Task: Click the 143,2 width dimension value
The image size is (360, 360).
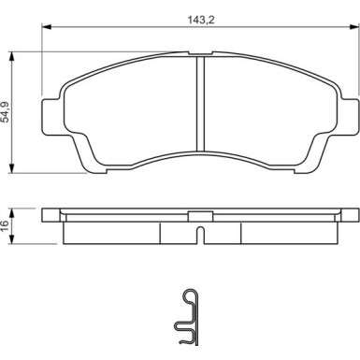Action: tap(201, 20)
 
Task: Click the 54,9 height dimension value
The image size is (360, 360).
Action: tap(7, 112)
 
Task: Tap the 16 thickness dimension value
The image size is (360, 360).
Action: tap(5, 223)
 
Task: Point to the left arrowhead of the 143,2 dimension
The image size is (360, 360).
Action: tap(46, 27)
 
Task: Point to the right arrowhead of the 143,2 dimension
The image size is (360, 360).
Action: tap(354, 27)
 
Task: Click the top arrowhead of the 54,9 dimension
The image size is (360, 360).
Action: tap(12, 57)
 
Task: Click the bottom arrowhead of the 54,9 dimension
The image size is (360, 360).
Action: tap(12, 168)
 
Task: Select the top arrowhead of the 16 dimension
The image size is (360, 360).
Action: tap(12, 213)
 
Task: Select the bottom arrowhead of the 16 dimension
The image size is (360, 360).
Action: tap(12, 239)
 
